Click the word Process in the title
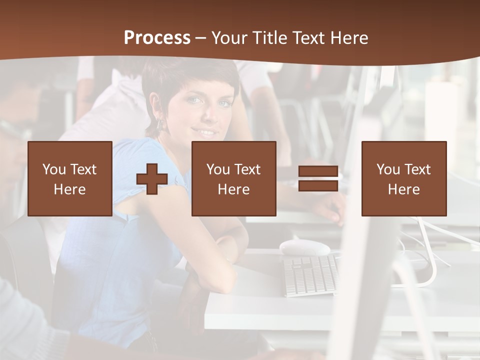coord(157,38)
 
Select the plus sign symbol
coord(151,179)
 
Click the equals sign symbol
coord(318,179)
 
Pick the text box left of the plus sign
coord(70,178)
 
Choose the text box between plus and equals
coord(233,178)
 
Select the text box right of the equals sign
coord(403,178)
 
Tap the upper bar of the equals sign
coord(318,171)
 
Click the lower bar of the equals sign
coord(318,186)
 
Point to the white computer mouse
coord(304,247)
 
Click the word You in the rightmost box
coord(388,169)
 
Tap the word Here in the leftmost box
coord(70,189)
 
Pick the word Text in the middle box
coord(247,169)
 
